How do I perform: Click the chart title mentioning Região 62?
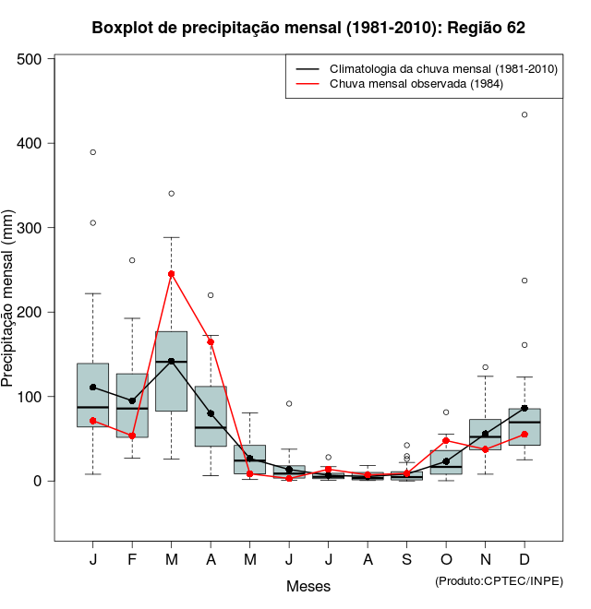pos(308,28)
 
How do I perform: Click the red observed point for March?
pos(172,274)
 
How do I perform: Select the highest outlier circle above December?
pos(525,114)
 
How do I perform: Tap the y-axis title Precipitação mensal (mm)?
pos(9,309)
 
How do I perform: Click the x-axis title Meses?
pos(308,586)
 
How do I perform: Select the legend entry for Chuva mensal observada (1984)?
pos(416,84)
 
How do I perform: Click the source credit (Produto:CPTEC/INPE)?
pos(499,580)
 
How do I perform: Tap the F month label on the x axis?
pos(132,560)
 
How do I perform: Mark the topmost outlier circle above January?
pos(93,152)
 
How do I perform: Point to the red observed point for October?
pos(446,441)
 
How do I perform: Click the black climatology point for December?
pos(525,408)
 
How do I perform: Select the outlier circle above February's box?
pos(132,260)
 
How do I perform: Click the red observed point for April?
pos(211,341)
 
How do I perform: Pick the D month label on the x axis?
pos(525,560)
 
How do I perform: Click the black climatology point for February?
pos(132,400)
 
